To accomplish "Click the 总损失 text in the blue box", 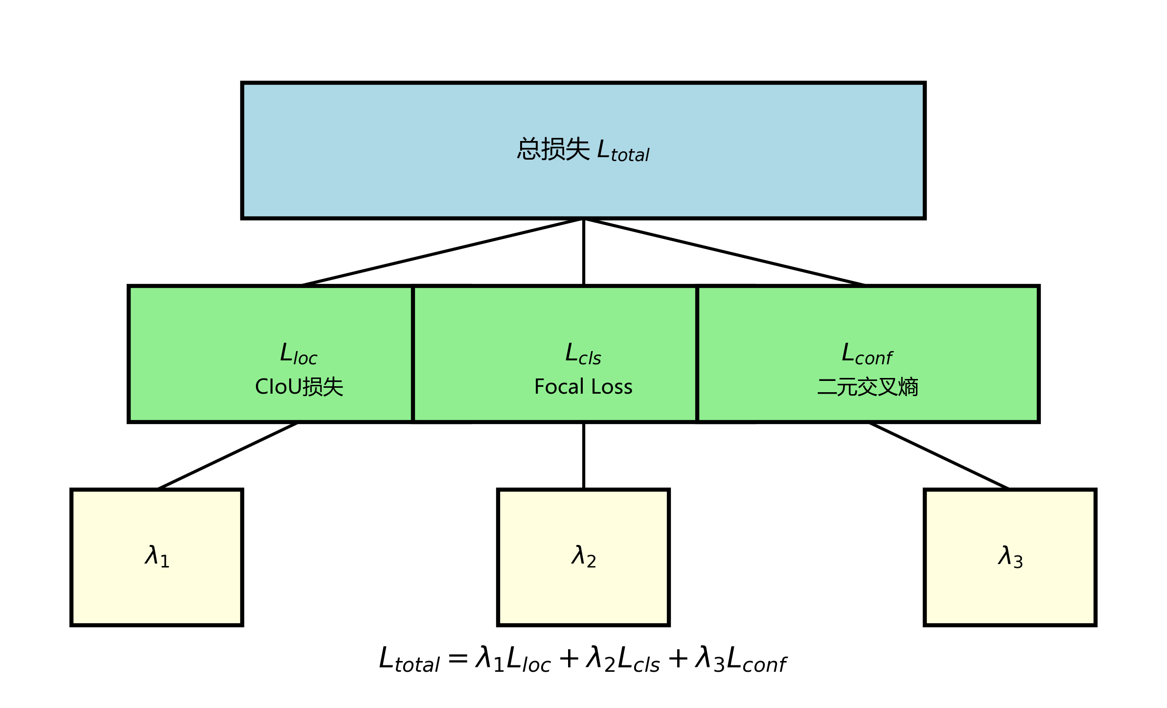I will pyautogui.click(x=553, y=149).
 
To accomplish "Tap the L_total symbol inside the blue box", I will pyautogui.click(x=623, y=151).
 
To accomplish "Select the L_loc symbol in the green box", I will pyautogui.click(x=298, y=354).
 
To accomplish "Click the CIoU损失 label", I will pyautogui.click(x=299, y=387).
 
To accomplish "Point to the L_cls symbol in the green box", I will pyautogui.click(x=583, y=354).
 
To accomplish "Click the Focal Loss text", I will pyautogui.click(x=583, y=387).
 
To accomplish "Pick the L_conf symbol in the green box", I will pyautogui.click(x=867, y=354).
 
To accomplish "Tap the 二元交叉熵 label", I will pyautogui.click(x=868, y=387).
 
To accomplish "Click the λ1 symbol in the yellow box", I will pyautogui.click(x=157, y=556).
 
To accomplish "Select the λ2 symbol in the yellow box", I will pyautogui.click(x=583, y=556).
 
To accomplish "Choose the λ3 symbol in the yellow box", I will pyautogui.click(x=1010, y=556).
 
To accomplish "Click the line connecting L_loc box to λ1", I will pyautogui.click(x=228, y=456).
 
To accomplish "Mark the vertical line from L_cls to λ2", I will pyautogui.click(x=584, y=455).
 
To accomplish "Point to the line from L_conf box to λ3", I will pyautogui.click(x=938, y=456).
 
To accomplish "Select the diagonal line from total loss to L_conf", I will pyautogui.click(x=724, y=252).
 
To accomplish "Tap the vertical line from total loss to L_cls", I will pyautogui.click(x=584, y=252).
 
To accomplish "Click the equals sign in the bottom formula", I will pyautogui.click(x=458, y=659).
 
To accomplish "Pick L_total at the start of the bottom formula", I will pyautogui.click(x=409, y=660).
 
